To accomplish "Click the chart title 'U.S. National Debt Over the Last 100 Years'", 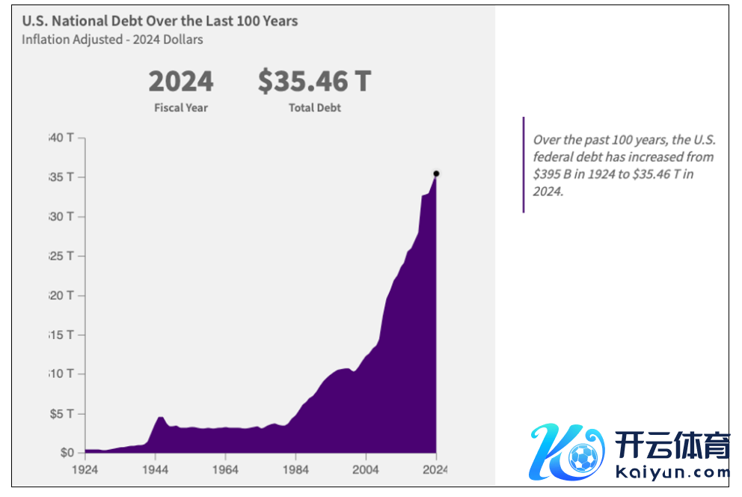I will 159,21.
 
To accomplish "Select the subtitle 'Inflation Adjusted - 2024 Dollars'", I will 112,40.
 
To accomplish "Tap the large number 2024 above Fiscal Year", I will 181,81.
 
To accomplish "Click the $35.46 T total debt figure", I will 314,81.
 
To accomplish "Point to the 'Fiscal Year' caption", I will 181,108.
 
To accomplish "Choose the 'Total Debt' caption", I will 314,108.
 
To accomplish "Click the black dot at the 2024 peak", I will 436,174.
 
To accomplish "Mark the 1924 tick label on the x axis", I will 85,470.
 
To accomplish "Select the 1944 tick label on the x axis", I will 156,470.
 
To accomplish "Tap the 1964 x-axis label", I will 225,470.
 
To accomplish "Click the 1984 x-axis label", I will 295,470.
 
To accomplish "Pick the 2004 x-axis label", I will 366,470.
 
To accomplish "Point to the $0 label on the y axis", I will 67,453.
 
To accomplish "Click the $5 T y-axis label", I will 62,414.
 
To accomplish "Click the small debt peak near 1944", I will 160,417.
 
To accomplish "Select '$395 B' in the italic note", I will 550,174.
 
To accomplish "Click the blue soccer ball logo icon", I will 582,456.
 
